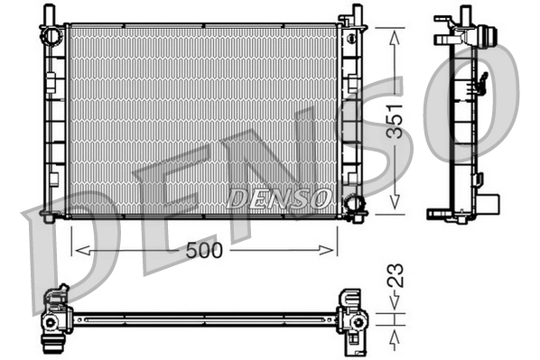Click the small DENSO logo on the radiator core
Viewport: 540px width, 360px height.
point(279,197)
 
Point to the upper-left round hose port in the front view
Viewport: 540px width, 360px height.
point(52,34)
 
